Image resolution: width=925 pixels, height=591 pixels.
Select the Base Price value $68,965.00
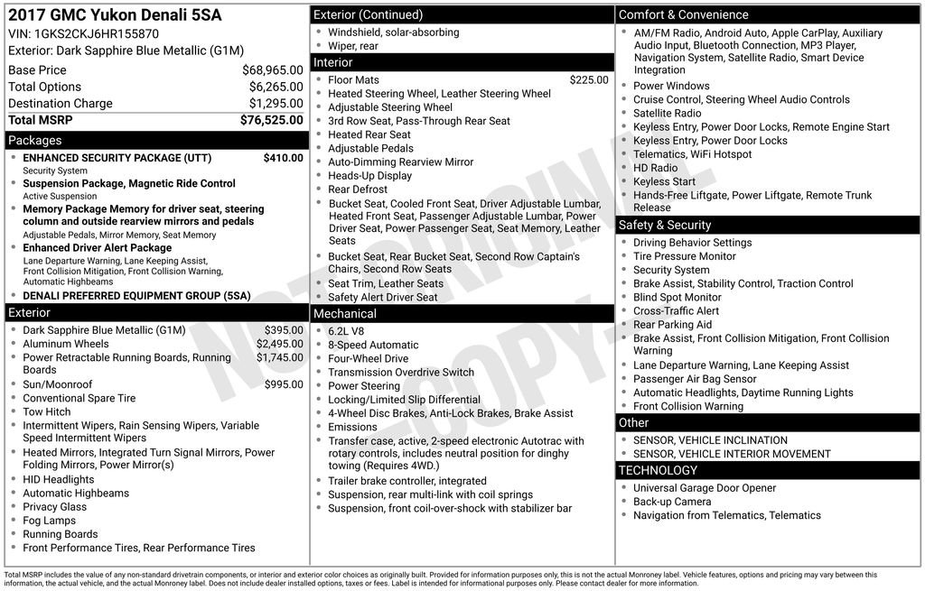coord(272,69)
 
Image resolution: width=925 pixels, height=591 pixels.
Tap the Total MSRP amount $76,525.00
coord(271,119)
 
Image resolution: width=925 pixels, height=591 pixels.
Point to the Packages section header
coord(35,140)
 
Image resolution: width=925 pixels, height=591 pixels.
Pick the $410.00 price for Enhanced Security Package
coord(283,158)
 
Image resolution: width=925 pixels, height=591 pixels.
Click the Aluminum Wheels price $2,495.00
coord(279,344)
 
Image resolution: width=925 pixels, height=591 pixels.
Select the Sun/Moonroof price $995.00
coord(284,384)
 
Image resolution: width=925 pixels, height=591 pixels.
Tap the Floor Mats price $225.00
coord(589,79)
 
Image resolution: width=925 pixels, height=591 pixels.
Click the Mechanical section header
coord(344,313)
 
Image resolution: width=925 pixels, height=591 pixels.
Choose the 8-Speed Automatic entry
coord(373,345)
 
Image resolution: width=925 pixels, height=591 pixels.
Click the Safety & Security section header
coord(665,225)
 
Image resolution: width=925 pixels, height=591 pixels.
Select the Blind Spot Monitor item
coord(677,297)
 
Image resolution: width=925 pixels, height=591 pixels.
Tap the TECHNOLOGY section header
coord(658,470)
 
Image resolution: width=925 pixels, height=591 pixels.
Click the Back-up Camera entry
coord(672,502)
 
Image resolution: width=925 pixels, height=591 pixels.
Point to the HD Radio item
coord(655,168)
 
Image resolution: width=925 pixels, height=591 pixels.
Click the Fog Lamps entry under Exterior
coord(49,521)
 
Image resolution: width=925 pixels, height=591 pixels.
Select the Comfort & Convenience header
coord(683,14)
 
